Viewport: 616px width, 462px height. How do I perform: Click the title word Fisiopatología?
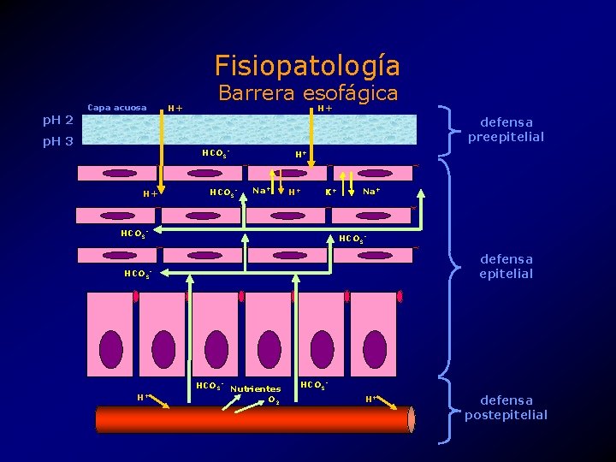(307, 65)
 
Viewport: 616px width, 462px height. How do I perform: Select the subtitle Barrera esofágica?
(308, 92)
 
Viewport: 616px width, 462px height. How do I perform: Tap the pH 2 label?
(58, 120)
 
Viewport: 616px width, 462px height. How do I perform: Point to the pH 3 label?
(58, 141)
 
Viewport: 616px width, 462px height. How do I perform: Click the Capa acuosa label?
(117, 108)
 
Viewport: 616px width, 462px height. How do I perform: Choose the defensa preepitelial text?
(506, 130)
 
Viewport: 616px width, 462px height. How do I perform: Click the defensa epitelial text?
(506, 266)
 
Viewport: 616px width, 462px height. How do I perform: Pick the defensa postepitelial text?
(506, 407)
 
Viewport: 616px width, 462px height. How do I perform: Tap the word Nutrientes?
(256, 388)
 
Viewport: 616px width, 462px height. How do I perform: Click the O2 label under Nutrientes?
(273, 400)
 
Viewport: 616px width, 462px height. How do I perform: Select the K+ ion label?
(330, 192)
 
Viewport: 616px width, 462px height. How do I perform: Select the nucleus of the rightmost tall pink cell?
(375, 348)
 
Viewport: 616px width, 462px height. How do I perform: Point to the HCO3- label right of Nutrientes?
(314, 386)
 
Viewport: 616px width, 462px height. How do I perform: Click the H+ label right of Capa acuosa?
(175, 108)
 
